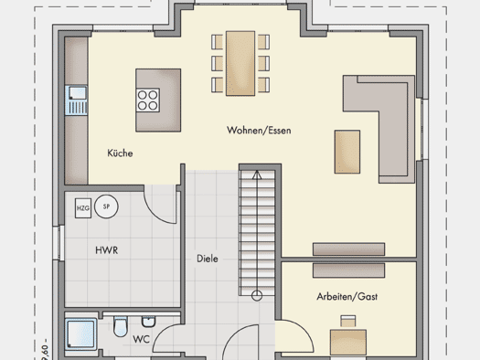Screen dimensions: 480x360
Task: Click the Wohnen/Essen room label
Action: (x=259, y=131)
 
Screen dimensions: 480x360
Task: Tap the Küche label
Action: (x=120, y=153)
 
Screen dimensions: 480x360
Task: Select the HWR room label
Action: (x=107, y=250)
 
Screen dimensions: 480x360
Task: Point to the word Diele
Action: (x=208, y=259)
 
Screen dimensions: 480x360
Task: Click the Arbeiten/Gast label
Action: (x=347, y=296)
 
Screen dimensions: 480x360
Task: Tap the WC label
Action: (x=141, y=339)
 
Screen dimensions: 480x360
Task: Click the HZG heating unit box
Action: (x=83, y=208)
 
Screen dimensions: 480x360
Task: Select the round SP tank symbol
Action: (x=106, y=206)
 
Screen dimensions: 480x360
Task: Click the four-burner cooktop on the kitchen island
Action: (x=148, y=101)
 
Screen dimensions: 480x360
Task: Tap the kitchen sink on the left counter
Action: (x=76, y=101)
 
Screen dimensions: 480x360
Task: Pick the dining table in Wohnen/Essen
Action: (x=240, y=63)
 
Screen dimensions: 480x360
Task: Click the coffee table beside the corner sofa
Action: (x=347, y=152)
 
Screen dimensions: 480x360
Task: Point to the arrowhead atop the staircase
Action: (x=257, y=175)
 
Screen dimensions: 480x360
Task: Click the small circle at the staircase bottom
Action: (x=257, y=296)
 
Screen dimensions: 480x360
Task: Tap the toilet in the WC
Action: (x=121, y=326)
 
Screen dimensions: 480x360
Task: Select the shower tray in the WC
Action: (x=80, y=334)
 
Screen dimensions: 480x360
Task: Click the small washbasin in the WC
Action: (x=148, y=321)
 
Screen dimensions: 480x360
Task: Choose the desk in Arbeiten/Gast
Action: (x=348, y=343)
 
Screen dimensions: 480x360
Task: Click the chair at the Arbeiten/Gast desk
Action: (x=348, y=321)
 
